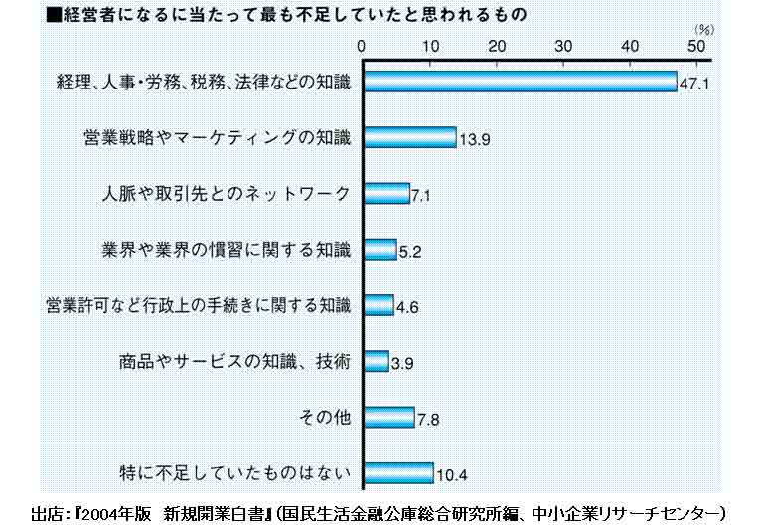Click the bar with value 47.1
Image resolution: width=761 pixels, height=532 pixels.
tap(520, 82)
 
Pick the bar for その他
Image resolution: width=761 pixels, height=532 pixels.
tap(388, 416)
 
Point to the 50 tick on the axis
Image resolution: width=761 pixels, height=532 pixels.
tap(697, 46)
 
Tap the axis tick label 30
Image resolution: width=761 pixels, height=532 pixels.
tap(563, 46)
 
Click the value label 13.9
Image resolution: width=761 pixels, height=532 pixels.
tap(474, 140)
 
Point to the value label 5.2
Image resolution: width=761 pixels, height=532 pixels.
tap(410, 252)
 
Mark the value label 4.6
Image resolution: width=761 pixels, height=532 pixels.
tap(407, 307)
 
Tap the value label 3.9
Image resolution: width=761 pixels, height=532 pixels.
tap(402, 363)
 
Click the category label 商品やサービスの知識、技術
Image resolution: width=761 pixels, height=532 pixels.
tap(233, 360)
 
